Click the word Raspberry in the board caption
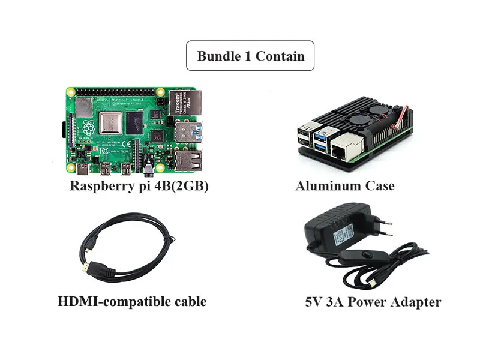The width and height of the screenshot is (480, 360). tap(100, 186)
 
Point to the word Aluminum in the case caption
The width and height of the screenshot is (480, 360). tap(323, 186)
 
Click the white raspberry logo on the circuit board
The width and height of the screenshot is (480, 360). tap(89, 127)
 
